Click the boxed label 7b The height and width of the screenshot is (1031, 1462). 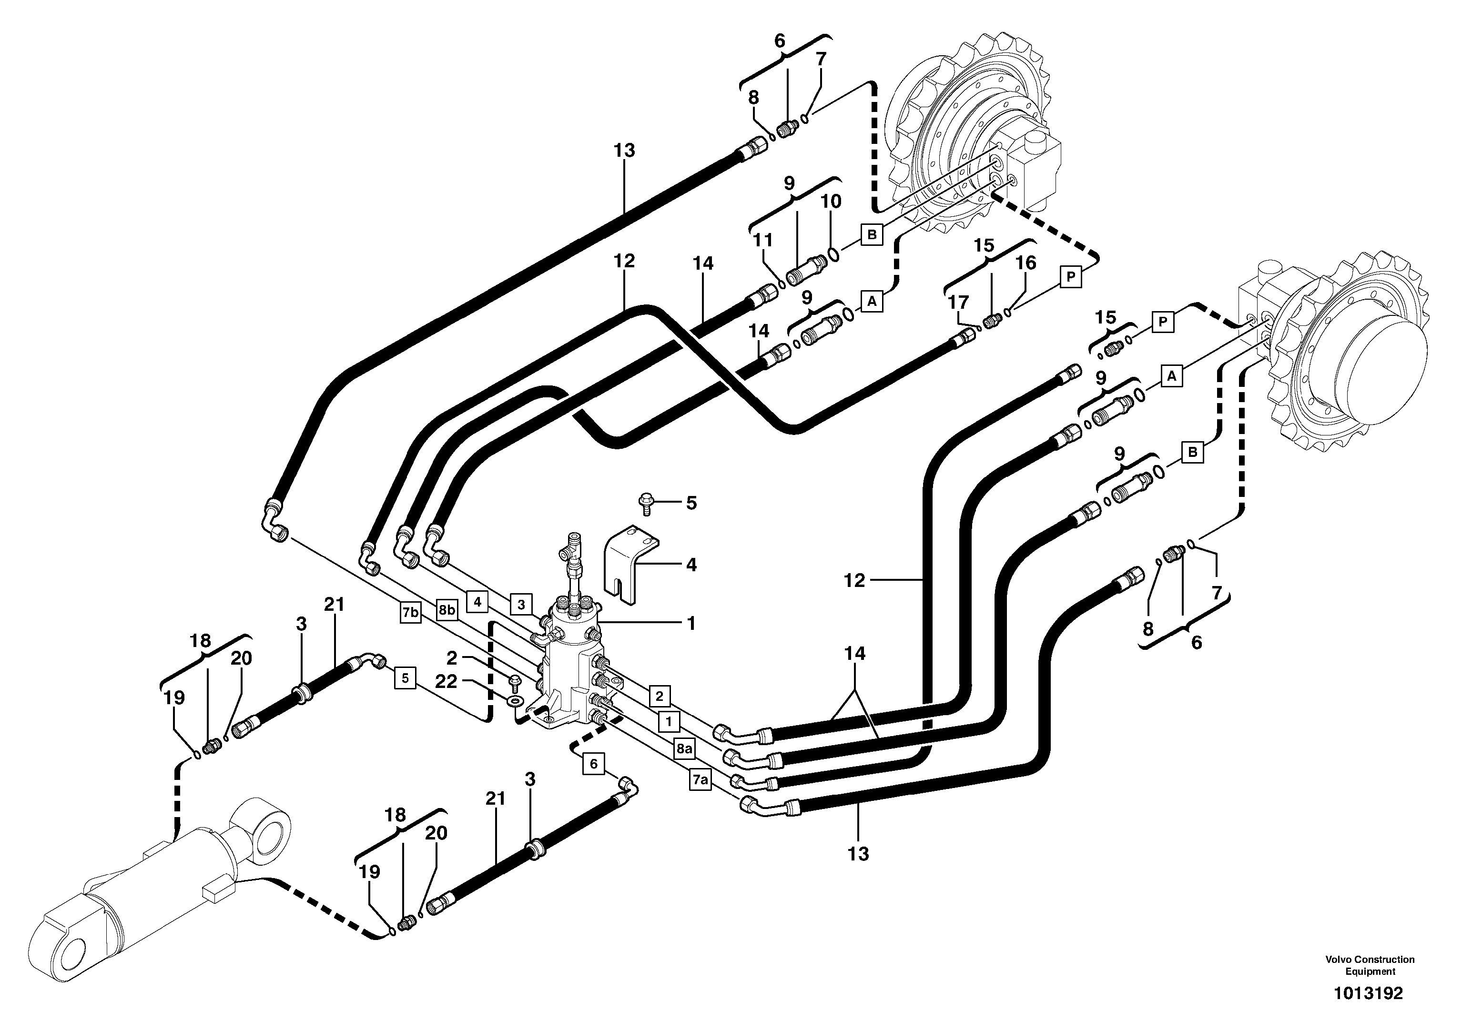tap(411, 613)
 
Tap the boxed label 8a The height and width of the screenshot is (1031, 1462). tap(684, 749)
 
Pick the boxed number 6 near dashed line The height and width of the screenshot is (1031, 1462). tap(593, 764)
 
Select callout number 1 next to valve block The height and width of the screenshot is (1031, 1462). tap(691, 622)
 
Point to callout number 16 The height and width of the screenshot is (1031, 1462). tap(1025, 263)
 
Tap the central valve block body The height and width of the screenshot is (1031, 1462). tap(570, 675)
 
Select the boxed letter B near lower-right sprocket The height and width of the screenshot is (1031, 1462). tap(1193, 453)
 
